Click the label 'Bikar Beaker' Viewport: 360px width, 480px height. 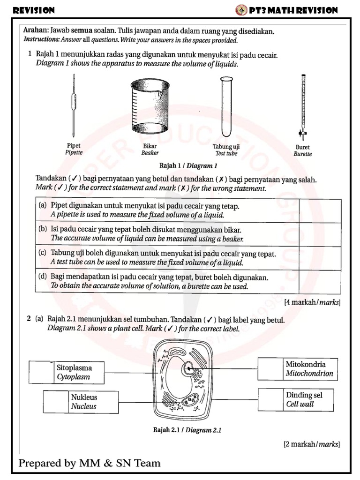click(150, 149)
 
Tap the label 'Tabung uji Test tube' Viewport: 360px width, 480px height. click(226, 150)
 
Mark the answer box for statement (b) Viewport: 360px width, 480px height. click(320, 234)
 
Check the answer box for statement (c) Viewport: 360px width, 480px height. click(320, 257)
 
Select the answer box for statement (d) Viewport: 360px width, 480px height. click(320, 281)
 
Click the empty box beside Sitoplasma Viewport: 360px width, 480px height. click(41, 372)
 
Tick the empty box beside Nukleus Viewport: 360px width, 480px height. click(55, 402)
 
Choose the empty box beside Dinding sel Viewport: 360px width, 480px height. click(270, 399)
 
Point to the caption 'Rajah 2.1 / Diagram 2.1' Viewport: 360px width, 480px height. click(187, 429)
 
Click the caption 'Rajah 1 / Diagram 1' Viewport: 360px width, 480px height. click(188, 165)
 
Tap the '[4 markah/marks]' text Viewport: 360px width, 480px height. click(312, 302)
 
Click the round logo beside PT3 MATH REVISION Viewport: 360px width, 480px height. click(241, 10)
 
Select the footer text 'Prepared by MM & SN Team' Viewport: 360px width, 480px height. click(90, 464)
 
